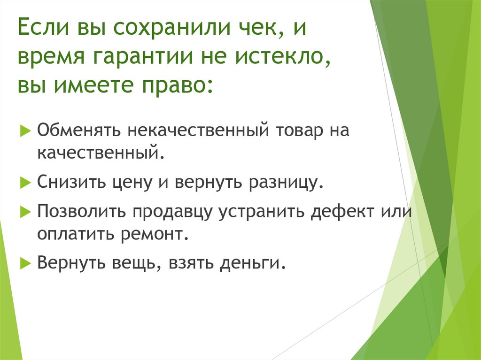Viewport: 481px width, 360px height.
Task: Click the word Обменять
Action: (x=80, y=130)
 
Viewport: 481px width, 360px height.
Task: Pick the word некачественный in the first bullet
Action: (x=197, y=130)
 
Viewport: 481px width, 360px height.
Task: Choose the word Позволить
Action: (x=82, y=211)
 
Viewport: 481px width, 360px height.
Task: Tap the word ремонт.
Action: (x=160, y=234)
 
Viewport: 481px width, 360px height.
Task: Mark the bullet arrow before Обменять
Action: (x=24, y=130)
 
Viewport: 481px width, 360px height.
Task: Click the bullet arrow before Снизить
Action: (x=24, y=182)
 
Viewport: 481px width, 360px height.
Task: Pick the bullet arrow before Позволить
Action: (x=24, y=211)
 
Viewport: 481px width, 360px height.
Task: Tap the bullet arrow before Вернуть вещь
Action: (x=24, y=263)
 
